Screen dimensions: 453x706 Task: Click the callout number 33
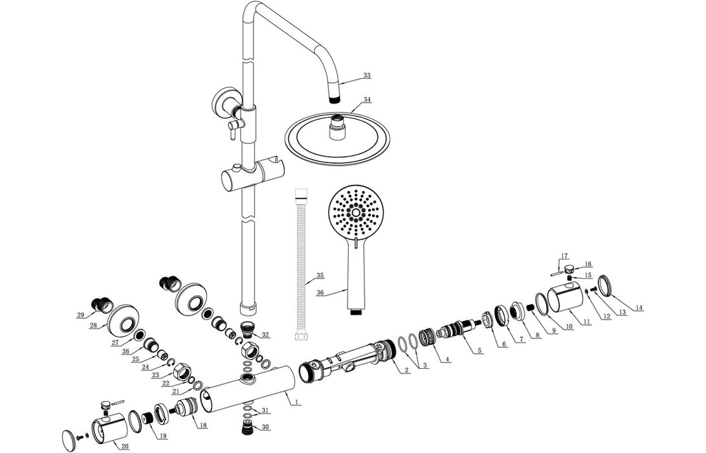(367, 76)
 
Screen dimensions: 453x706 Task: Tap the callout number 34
(367, 100)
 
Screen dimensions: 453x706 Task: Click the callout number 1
(296, 402)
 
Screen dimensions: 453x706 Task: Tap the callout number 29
(80, 315)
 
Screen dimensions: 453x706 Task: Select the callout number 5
(479, 350)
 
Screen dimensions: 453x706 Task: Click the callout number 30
(265, 426)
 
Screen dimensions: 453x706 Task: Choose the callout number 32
(266, 335)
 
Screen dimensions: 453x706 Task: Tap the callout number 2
(406, 370)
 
